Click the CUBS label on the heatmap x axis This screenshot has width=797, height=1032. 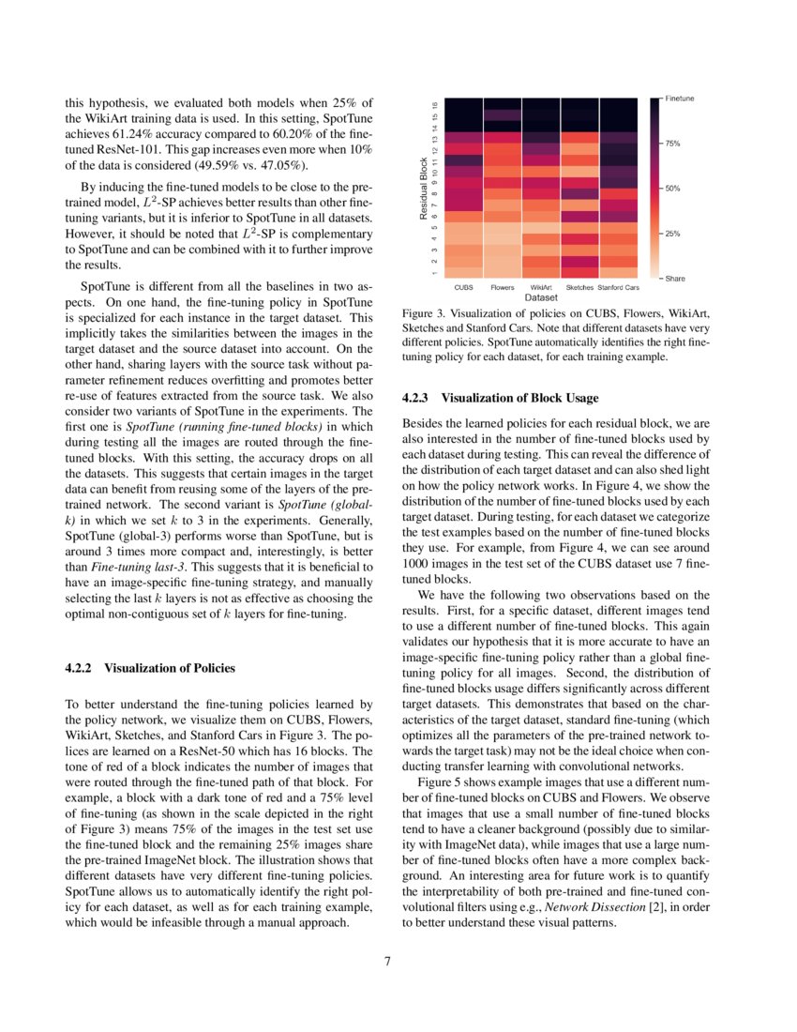(x=463, y=286)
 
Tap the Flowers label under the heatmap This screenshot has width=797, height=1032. (x=502, y=286)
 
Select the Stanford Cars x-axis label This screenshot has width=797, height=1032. (x=618, y=286)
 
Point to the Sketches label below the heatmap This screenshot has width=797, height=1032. (x=579, y=286)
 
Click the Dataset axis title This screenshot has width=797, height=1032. (x=541, y=297)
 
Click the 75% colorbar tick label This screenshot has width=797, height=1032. (x=672, y=144)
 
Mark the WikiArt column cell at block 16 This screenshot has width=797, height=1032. (x=541, y=103)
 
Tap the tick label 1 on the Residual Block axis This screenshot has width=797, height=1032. (x=435, y=273)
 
